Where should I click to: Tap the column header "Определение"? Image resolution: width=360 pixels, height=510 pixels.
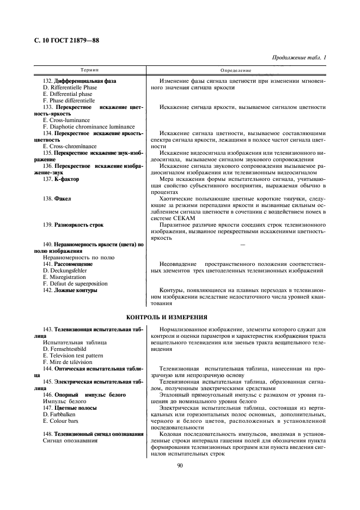point(236,70)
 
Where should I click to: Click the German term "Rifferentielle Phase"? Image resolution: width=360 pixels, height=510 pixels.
point(72,87)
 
